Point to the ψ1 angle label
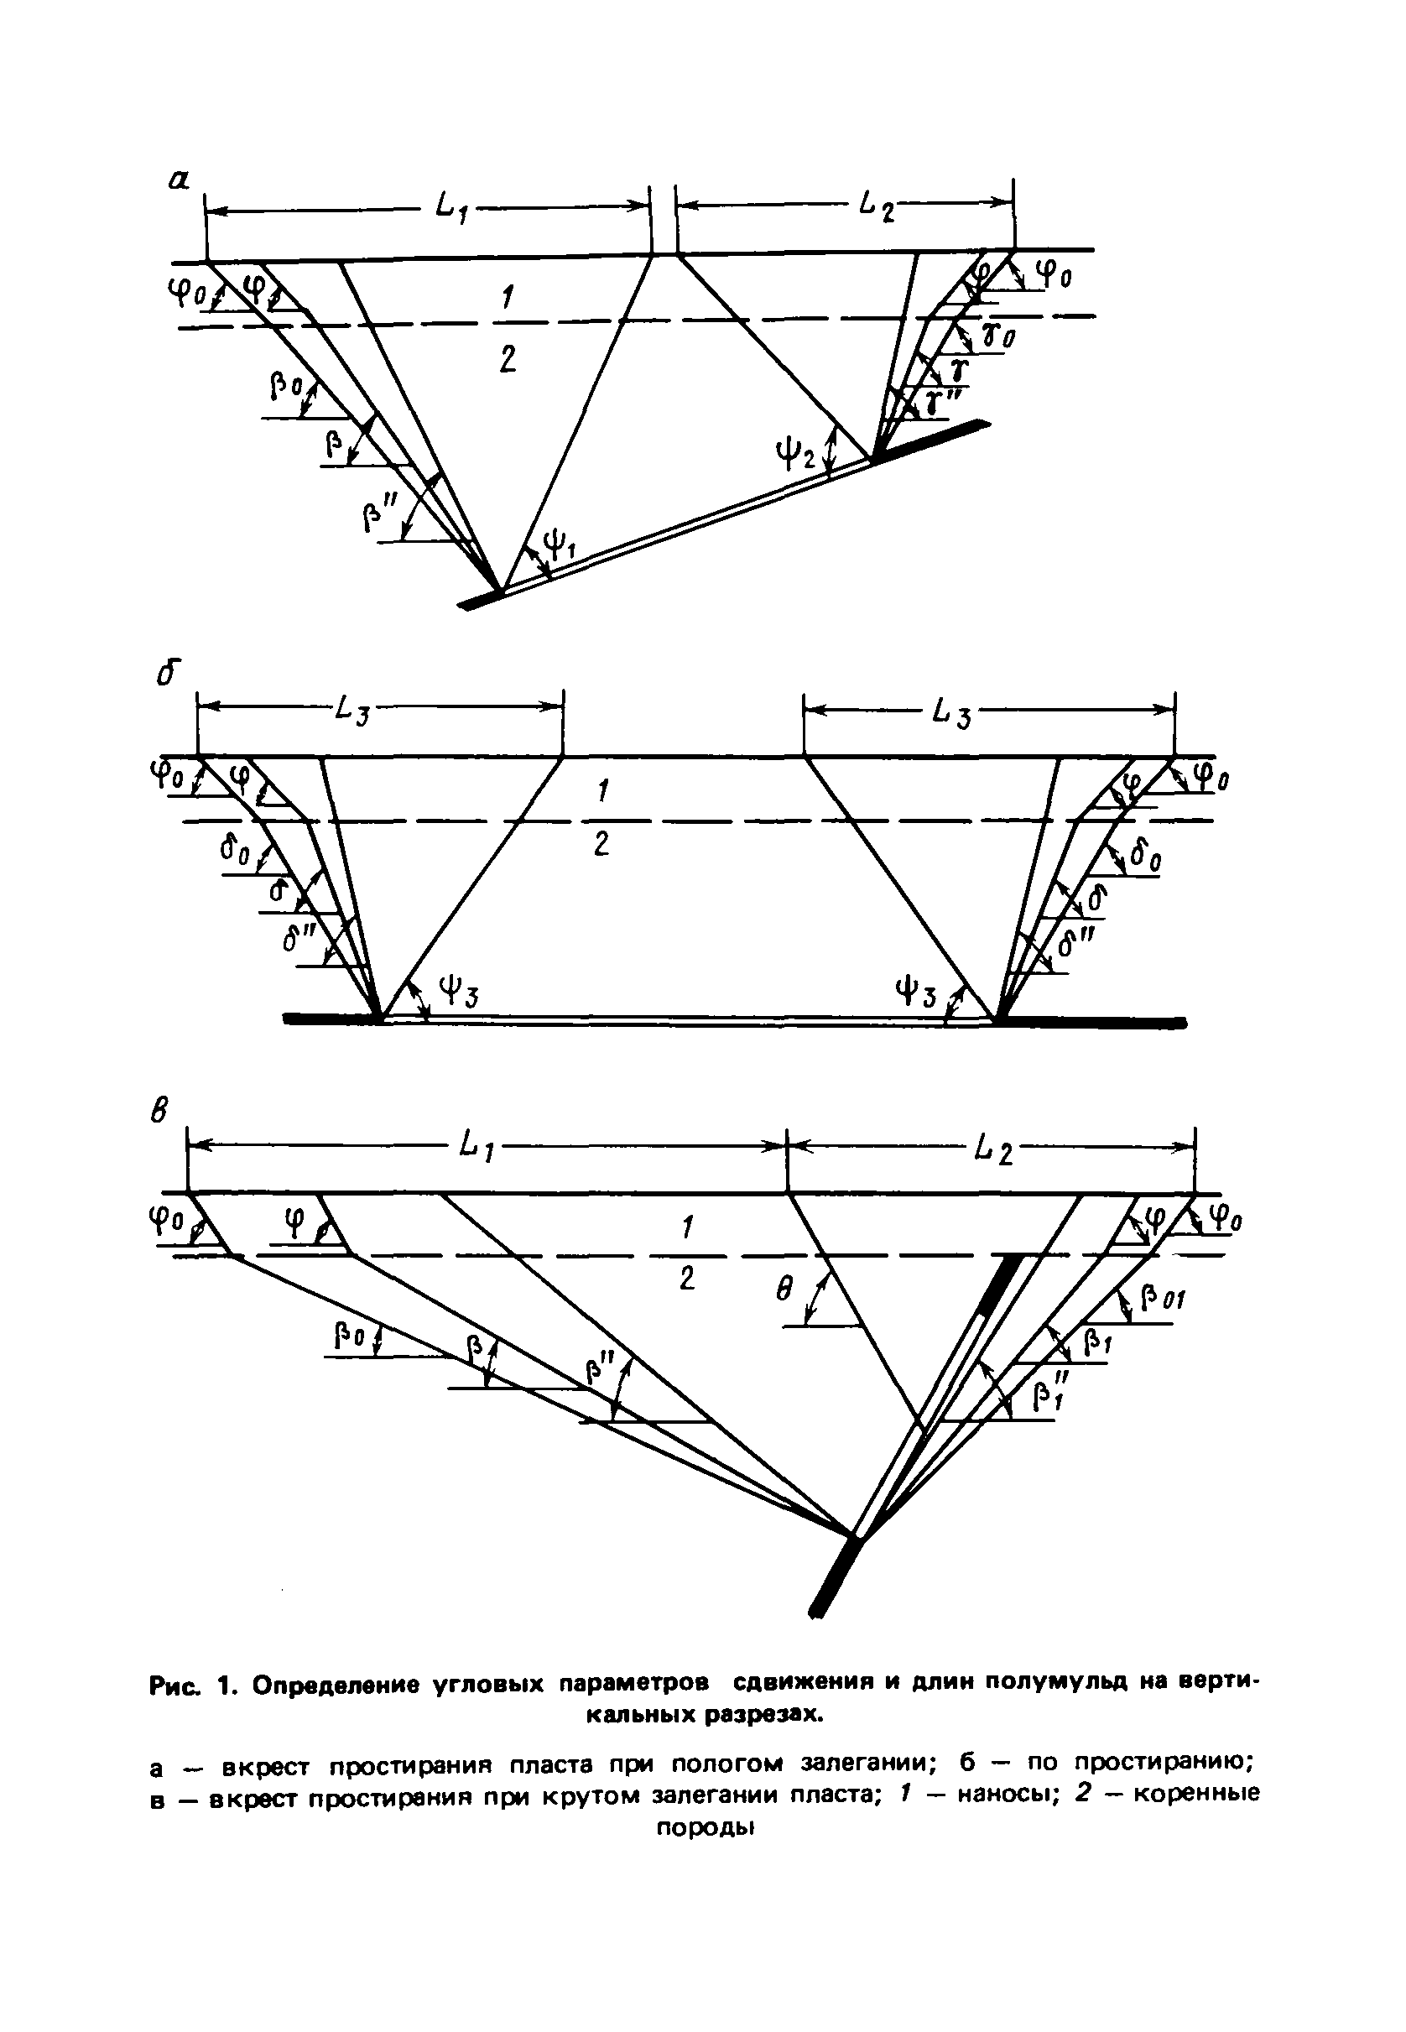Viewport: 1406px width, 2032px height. (x=559, y=550)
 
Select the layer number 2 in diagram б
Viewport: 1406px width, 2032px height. (x=601, y=846)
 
